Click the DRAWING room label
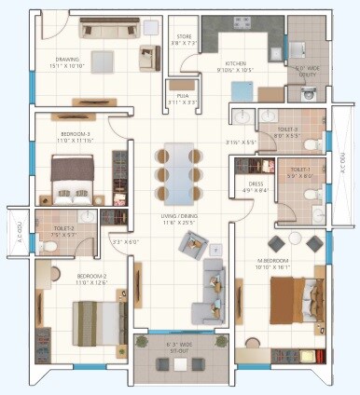point(68,62)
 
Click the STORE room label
point(184,39)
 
